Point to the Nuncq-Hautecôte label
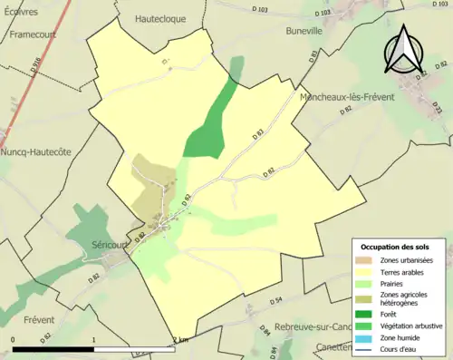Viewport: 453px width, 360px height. pos(37,151)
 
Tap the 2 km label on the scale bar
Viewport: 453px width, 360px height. pos(179,340)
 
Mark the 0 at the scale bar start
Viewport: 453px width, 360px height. pos(13,340)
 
